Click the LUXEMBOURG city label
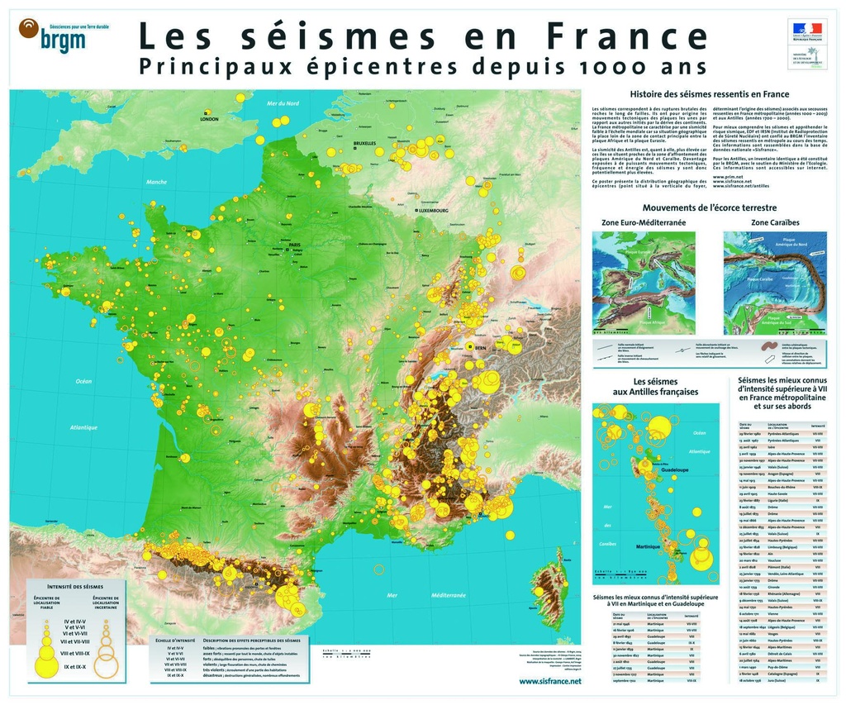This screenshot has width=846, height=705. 433,211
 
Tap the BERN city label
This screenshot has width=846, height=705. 480,349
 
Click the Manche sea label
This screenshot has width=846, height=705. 156,182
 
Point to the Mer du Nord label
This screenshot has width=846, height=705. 283,103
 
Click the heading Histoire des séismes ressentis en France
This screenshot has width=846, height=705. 709,94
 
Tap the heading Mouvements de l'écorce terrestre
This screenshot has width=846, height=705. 709,207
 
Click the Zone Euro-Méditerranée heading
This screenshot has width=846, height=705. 644,223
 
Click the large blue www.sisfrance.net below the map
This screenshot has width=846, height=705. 549,681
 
